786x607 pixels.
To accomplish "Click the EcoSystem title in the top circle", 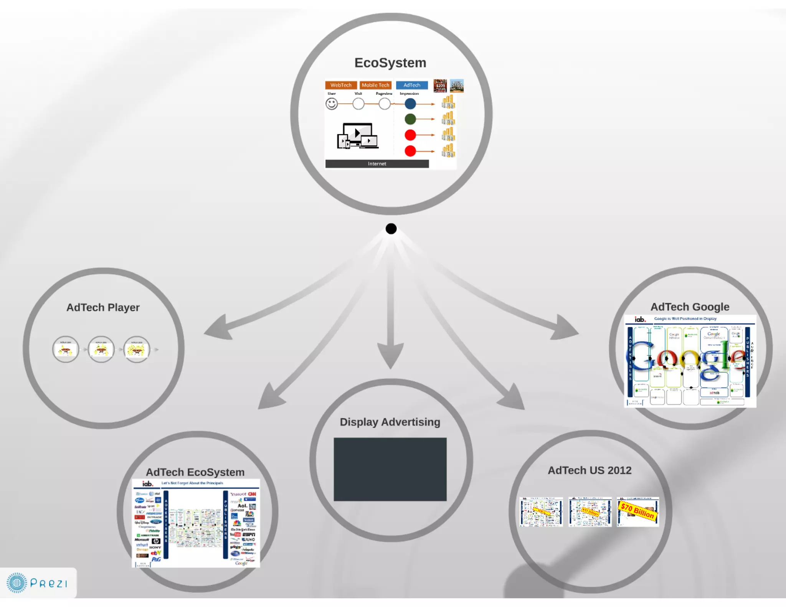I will (390, 63).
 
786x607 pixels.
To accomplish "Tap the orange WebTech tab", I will (341, 85).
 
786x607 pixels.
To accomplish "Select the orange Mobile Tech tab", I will (375, 85).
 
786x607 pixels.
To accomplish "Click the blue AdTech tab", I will (411, 85).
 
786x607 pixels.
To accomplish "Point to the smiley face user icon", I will (332, 104).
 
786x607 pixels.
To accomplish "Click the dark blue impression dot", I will (410, 104).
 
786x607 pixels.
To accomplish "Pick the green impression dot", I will (410, 119).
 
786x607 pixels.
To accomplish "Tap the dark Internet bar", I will (376, 164).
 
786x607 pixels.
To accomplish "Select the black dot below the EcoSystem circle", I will (391, 229).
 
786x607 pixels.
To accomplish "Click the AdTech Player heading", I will (103, 308).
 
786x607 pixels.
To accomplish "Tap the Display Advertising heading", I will (390, 422).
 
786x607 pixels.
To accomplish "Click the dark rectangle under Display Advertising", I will (390, 469).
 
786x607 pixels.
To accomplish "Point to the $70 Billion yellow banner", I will (637, 511).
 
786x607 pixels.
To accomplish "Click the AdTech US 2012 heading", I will (589, 470).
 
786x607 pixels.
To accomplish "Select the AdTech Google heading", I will (690, 307).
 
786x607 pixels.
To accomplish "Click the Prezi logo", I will (37, 583).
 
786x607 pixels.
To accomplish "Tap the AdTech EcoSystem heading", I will (195, 472).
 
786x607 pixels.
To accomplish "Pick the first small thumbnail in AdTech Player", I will (66, 350).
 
